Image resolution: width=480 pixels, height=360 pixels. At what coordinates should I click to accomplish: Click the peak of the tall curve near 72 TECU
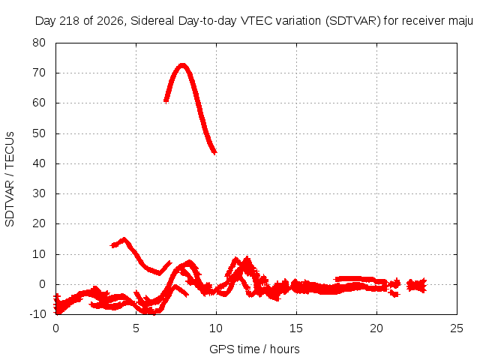[182, 65]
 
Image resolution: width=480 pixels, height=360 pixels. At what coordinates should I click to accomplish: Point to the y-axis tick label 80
[39, 43]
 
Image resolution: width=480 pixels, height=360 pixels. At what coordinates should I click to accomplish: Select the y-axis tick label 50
[39, 133]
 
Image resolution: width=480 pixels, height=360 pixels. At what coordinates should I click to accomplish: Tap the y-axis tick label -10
[37, 314]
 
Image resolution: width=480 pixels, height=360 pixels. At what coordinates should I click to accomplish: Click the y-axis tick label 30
[39, 193]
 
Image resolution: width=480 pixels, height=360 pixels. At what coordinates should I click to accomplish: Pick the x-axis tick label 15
[296, 328]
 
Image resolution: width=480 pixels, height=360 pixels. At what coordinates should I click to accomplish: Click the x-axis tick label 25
[457, 328]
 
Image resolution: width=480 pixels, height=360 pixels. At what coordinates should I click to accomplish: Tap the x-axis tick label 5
[136, 328]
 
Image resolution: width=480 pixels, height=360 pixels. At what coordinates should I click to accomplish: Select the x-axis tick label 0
[55, 328]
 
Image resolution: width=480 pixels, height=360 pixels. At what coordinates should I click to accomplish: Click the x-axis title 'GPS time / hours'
[254, 349]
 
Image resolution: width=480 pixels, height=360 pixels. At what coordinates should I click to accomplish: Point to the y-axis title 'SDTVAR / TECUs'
[10, 179]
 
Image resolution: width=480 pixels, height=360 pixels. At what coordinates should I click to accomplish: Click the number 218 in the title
[70, 21]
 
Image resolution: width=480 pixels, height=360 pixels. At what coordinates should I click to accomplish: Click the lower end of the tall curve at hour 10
[214, 151]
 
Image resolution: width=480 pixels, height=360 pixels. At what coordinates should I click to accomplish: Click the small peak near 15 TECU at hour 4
[124, 239]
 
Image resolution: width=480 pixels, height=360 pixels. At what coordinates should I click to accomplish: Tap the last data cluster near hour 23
[417, 286]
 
